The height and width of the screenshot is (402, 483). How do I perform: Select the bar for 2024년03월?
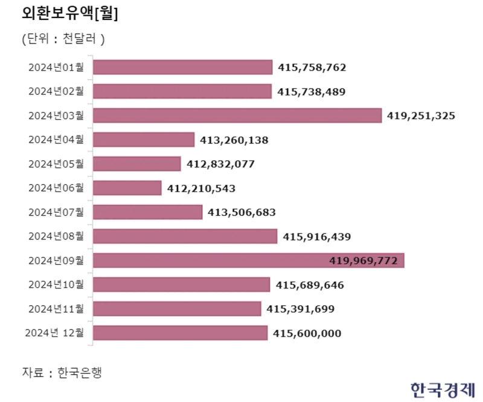[x=237, y=115]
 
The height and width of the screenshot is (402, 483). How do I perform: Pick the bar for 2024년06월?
[x=127, y=188]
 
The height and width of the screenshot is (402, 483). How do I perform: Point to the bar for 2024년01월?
[x=182, y=67]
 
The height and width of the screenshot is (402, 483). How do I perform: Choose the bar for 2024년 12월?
[x=180, y=333]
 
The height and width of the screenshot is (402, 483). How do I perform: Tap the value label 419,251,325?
[x=421, y=115]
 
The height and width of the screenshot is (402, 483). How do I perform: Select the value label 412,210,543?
[x=201, y=188]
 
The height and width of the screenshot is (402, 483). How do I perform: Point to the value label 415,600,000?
[x=307, y=333]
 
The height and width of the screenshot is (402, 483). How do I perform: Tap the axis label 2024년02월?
[x=56, y=91]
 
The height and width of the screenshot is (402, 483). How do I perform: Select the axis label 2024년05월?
[x=56, y=164]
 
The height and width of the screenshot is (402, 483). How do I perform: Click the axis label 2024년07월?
[x=56, y=212]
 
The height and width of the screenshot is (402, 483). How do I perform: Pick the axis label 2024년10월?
[x=56, y=285]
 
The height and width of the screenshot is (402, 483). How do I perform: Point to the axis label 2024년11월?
[x=56, y=309]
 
